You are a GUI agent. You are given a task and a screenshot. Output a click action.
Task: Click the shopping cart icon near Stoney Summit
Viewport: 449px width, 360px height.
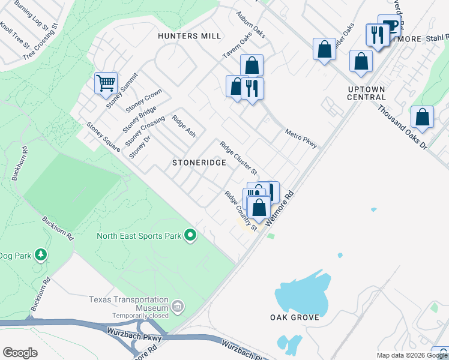pyautogui.click(x=106, y=83)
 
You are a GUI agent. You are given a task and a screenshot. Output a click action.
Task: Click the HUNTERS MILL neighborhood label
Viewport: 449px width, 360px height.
pyautogui.click(x=189, y=36)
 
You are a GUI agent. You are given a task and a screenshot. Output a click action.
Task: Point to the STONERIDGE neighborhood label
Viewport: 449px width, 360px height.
pyautogui.click(x=199, y=163)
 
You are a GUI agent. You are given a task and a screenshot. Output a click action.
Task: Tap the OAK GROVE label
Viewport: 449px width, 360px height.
pyautogui.click(x=294, y=317)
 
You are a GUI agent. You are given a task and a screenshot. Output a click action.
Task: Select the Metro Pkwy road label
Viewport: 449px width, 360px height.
pyautogui.click(x=301, y=139)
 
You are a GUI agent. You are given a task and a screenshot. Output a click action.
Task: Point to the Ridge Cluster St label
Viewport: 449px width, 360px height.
pyautogui.click(x=238, y=158)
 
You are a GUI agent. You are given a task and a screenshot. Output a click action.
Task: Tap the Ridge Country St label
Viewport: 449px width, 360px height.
pyautogui.click(x=241, y=211)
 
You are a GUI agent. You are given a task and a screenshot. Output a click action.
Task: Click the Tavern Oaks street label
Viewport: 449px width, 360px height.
pyautogui.click(x=237, y=46)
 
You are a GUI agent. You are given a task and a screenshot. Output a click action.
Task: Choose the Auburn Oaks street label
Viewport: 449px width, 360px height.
pyautogui.click(x=250, y=23)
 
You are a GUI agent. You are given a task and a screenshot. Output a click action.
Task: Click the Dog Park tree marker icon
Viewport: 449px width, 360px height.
pyautogui.click(x=41, y=255)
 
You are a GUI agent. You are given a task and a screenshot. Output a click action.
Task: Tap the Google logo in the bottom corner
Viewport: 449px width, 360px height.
pyautogui.click(x=19, y=352)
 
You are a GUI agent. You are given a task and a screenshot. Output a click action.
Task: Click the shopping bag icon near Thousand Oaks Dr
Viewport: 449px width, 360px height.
pyautogui.click(x=423, y=118)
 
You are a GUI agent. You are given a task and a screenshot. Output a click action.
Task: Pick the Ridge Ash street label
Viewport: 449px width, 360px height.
pyautogui.click(x=184, y=125)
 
